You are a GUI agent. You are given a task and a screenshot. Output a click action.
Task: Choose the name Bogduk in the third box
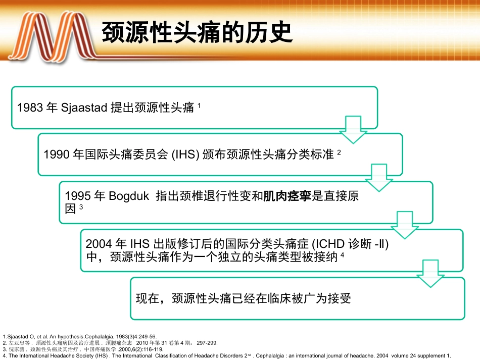pos(129,196)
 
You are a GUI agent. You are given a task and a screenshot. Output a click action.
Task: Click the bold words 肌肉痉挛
pos(288,196)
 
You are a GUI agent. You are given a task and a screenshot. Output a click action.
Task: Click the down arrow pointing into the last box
pos(430,274)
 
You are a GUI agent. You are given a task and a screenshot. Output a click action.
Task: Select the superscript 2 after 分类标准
pos(340,151)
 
